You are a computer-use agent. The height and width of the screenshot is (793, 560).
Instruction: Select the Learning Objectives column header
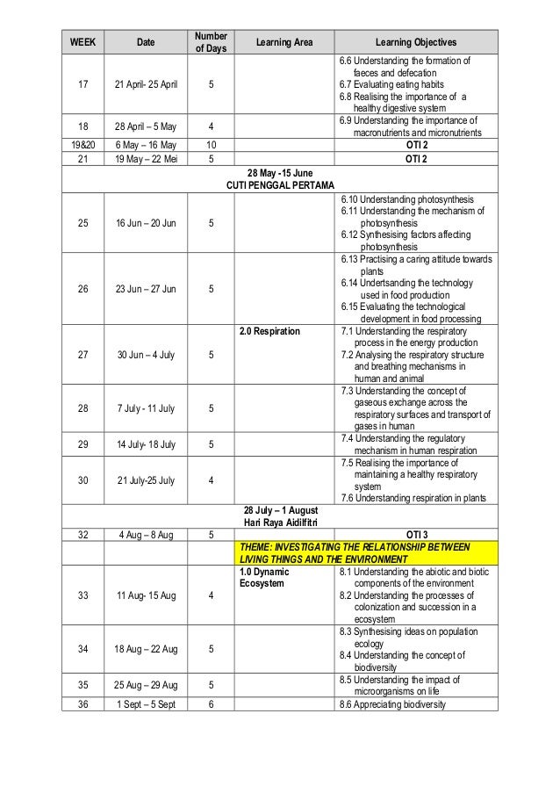point(416,42)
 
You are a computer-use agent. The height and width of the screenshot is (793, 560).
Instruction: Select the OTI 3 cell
point(416,534)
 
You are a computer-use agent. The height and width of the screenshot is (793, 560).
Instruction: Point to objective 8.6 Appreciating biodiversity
point(392,704)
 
